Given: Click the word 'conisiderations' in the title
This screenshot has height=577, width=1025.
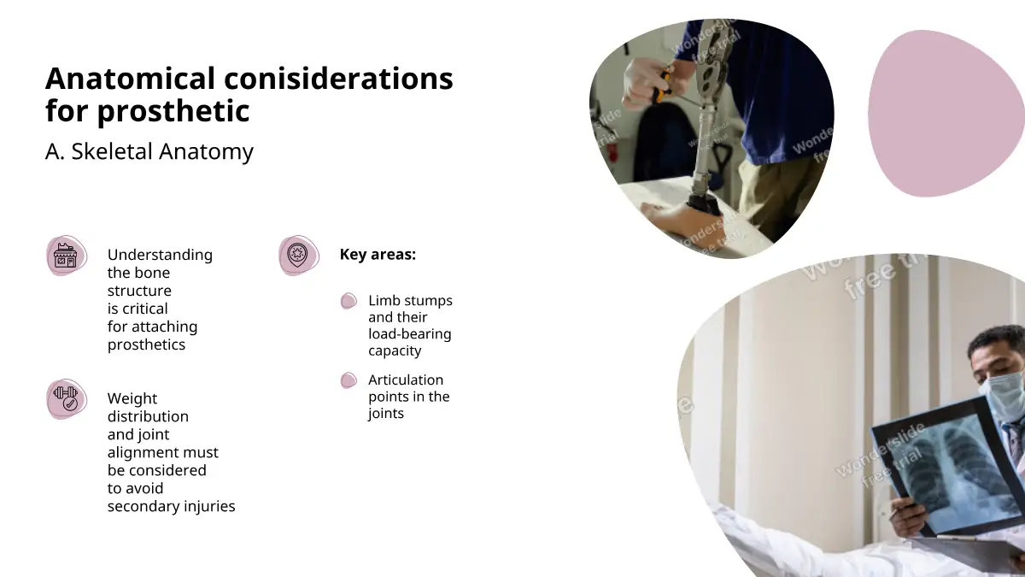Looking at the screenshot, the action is coord(338,79).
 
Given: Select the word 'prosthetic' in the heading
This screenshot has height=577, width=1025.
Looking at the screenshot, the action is coord(173,111).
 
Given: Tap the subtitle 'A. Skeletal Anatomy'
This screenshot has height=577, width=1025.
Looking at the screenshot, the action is coord(149,151).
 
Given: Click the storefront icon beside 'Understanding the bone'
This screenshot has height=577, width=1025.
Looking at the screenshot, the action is coord(67,256).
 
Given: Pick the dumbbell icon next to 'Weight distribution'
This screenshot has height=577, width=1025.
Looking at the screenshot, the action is coord(67,399).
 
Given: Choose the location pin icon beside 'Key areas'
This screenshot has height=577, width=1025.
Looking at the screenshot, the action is coord(299,256).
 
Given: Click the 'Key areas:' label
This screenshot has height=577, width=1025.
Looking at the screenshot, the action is coord(378,254).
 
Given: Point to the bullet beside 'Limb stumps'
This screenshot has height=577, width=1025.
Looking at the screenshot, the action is coord(348,301).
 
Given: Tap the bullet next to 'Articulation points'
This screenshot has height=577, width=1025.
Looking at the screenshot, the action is coord(348,380).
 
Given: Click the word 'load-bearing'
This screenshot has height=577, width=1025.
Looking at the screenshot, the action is coord(409,334).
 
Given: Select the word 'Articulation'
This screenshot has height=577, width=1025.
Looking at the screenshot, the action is coord(406,380).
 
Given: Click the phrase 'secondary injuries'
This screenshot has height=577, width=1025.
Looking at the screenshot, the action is coord(171,506).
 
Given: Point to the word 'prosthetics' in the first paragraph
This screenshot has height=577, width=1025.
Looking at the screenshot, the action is coord(146,344).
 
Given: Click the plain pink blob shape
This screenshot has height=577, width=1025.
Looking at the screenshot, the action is coord(945,114).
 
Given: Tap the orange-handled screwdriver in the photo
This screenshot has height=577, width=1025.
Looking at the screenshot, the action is coord(662,85).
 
